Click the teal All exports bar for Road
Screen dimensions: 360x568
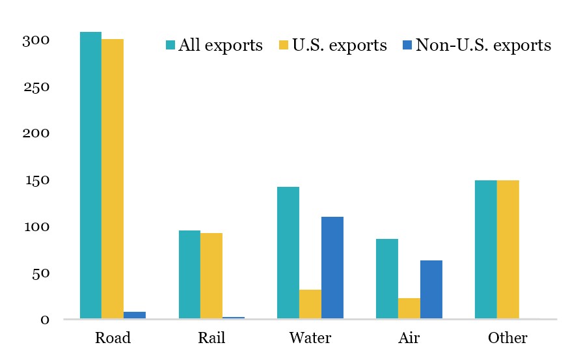(90, 175)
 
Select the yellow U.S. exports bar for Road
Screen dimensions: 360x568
(113, 179)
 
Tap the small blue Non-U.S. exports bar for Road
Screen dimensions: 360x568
(135, 315)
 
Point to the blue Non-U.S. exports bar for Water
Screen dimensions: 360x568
(332, 268)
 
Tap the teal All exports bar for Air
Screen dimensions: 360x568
(387, 279)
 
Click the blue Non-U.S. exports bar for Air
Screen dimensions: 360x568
(431, 290)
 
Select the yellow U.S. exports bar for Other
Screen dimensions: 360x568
(508, 249)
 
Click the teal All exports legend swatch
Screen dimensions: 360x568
(171, 46)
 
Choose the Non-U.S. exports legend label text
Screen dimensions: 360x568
(483, 46)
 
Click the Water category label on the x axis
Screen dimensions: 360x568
(310, 339)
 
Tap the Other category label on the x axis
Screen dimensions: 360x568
(507, 339)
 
